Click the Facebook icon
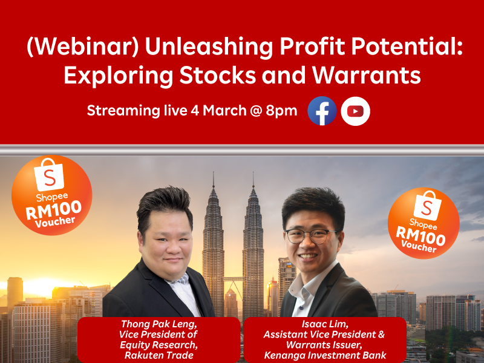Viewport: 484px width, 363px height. coord(322,111)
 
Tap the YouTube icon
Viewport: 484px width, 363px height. coord(355,111)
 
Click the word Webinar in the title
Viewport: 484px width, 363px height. coord(83,47)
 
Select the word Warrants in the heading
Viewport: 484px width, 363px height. coord(367,75)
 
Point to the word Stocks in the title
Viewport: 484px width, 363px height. coord(218,75)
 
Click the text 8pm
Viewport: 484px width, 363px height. coord(281,111)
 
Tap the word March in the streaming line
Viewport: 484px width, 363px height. coord(224,111)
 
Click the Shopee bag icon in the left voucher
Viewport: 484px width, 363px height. coord(50,175)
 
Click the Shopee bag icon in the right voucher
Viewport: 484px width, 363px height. coord(428,205)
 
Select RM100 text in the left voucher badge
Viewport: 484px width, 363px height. coord(53,209)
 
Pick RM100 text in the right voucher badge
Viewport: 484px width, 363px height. coord(420,236)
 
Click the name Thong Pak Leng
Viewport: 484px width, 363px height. coord(159,324)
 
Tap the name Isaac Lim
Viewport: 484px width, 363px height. coord(325,324)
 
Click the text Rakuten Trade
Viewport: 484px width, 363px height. coord(159,355)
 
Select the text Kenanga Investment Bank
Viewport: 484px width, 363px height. coord(325,355)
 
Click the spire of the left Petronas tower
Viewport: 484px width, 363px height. coord(213,180)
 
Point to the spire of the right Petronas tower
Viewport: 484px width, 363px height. coord(253,180)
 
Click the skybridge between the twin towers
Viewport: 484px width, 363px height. coord(234,280)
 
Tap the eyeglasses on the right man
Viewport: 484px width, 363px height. coord(312,237)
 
